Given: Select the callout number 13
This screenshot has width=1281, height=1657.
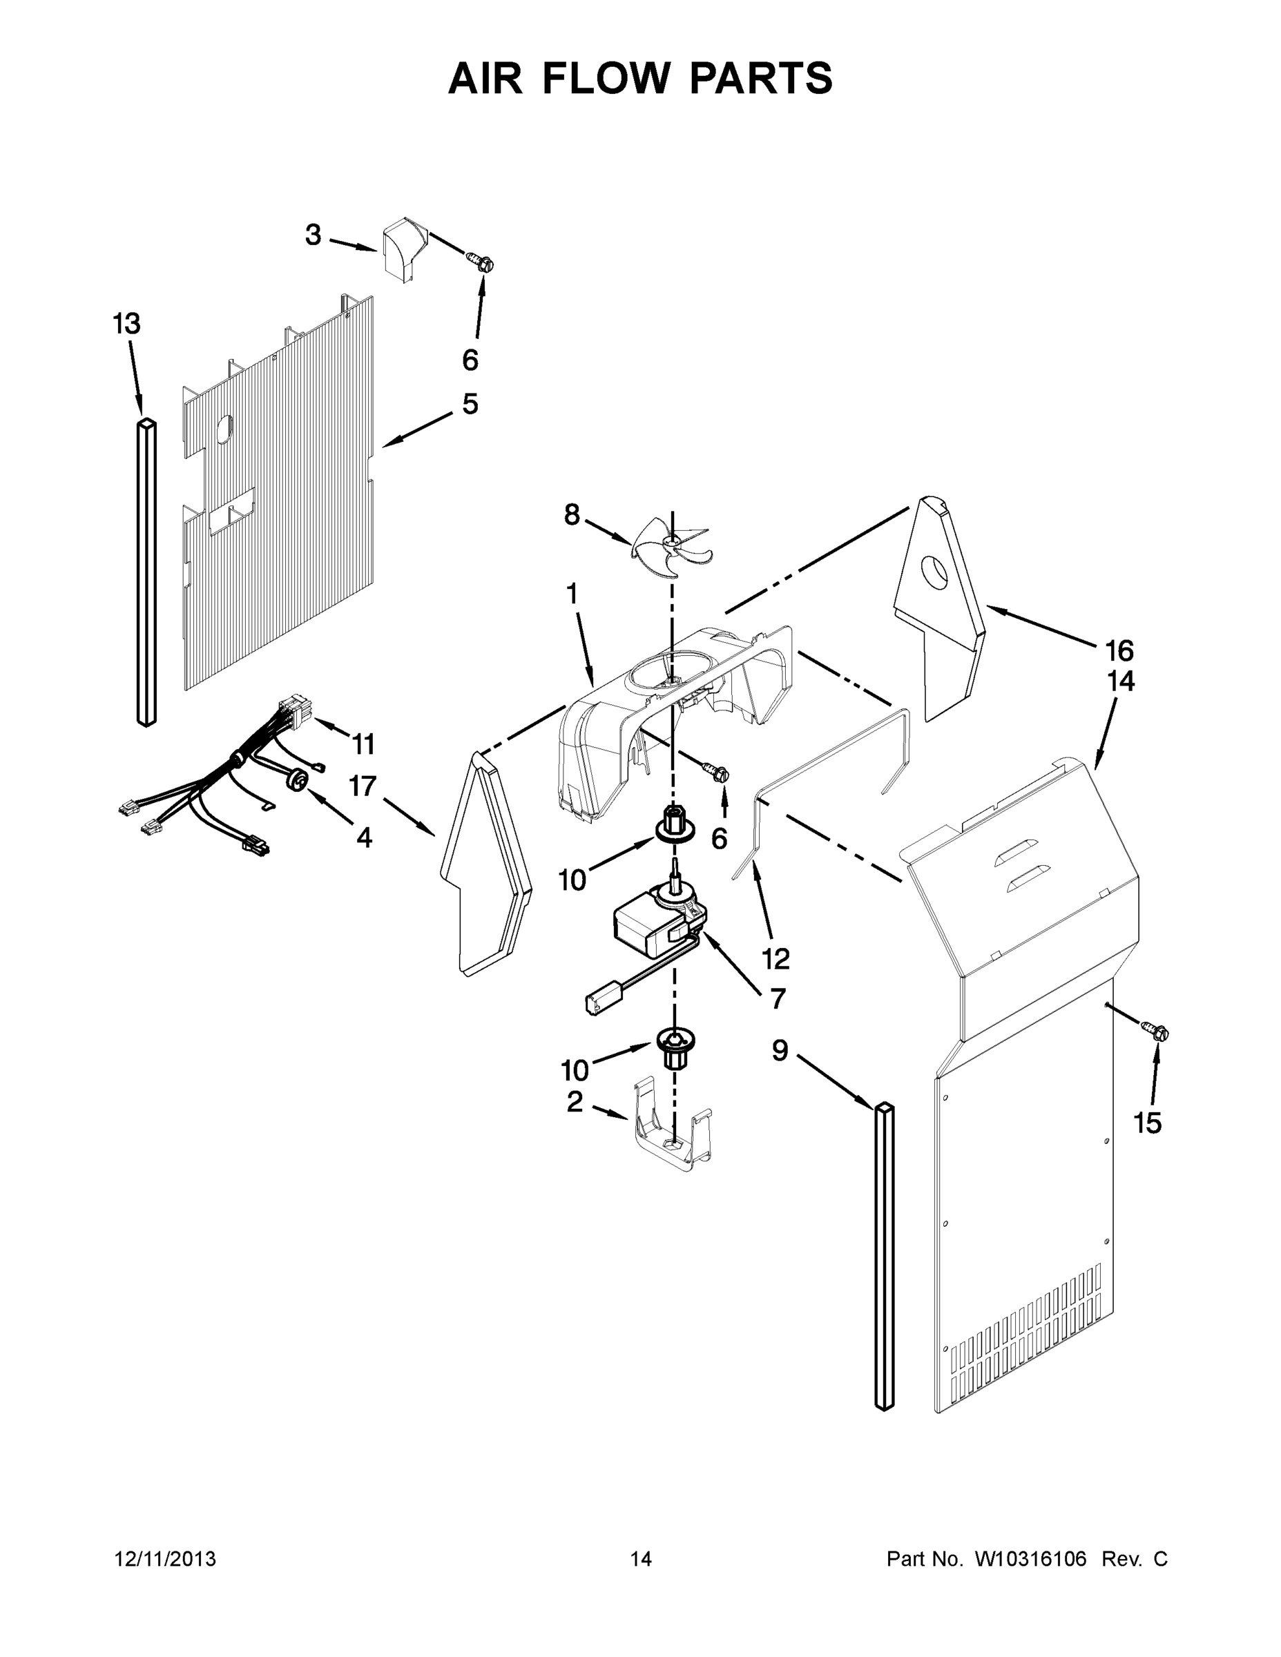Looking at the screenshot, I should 127,324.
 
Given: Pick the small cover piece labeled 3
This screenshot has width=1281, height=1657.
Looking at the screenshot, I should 402,249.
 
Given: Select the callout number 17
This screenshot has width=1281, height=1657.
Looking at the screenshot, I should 363,787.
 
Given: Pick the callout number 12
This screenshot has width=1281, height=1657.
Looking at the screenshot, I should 776,958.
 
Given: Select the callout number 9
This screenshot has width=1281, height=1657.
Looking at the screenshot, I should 780,1051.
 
